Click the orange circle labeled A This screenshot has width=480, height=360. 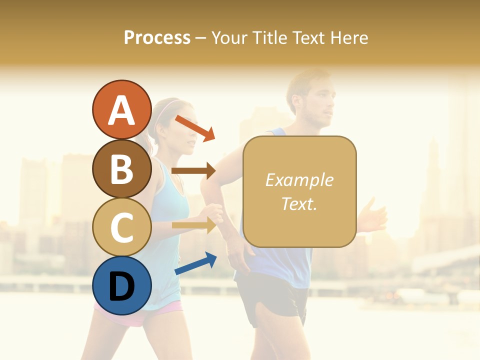121,110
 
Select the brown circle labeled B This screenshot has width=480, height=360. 121,169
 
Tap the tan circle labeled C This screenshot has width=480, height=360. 121,227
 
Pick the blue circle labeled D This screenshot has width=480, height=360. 121,286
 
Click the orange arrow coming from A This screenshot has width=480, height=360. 195,128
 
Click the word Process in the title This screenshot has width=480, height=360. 157,37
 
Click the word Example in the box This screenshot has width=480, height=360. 299,180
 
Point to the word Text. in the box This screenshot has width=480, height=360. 299,203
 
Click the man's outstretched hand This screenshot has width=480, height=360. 372,218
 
